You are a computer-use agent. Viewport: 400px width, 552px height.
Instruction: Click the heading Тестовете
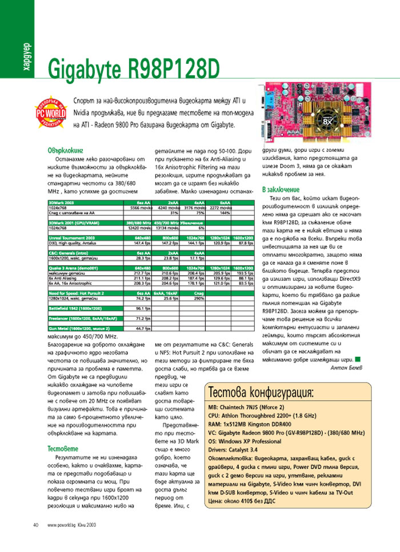[63, 449]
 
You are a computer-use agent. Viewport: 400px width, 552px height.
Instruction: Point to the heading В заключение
[281, 189]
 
